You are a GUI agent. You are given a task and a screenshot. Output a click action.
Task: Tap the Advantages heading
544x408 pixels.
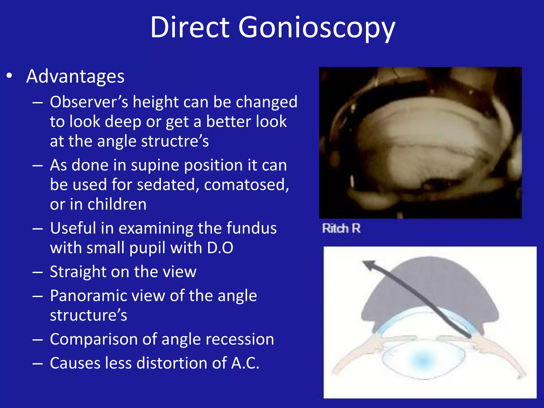75,76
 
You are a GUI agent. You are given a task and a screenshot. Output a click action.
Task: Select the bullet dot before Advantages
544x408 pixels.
9,76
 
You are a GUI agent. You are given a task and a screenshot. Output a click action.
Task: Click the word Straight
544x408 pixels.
78,272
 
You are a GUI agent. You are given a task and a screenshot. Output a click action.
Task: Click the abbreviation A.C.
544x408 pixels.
245,363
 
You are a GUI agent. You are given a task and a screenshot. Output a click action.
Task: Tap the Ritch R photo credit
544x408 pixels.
341,228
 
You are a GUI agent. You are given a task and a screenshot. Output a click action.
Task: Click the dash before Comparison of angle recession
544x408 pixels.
37,340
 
